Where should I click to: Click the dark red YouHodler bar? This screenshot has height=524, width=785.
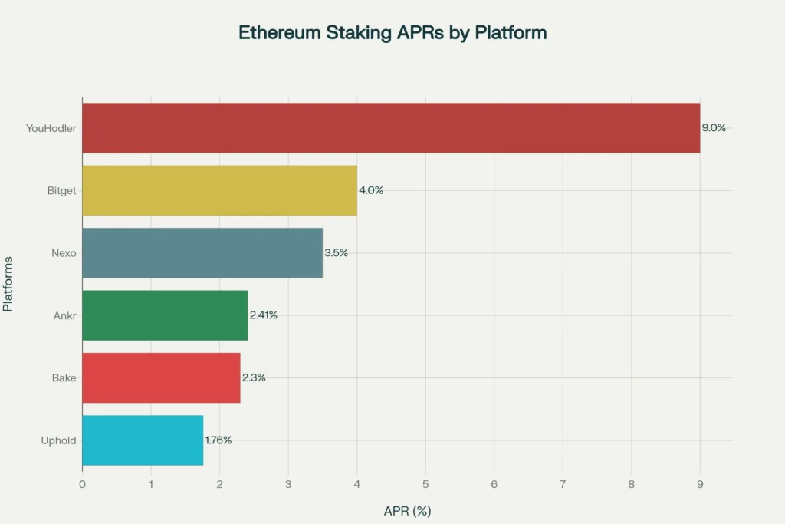point(391,128)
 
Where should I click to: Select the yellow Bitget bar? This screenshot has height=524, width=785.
point(219,190)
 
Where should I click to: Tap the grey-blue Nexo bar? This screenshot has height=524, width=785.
point(202,253)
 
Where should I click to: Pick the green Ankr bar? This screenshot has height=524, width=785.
point(165,315)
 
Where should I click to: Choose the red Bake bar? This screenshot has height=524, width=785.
point(161,377)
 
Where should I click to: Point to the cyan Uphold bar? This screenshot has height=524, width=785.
point(143,440)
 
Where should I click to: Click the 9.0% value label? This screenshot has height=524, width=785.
point(714,128)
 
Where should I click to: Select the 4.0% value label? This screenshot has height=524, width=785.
point(371,190)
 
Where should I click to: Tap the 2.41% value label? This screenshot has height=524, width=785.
point(264,315)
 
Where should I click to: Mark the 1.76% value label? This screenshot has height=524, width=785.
point(218,440)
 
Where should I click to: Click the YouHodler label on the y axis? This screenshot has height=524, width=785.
point(51,128)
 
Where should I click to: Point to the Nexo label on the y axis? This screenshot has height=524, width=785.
point(64,253)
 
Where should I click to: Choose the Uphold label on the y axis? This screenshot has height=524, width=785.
point(58,440)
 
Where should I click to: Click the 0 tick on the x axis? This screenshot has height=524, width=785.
point(82,484)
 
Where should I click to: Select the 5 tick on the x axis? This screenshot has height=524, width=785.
point(425,484)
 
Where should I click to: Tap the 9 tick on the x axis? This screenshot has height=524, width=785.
point(700,484)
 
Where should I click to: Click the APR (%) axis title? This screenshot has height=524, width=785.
point(407,511)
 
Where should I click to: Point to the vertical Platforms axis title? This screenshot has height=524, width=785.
point(8,284)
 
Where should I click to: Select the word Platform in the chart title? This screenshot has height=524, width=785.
point(510,33)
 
